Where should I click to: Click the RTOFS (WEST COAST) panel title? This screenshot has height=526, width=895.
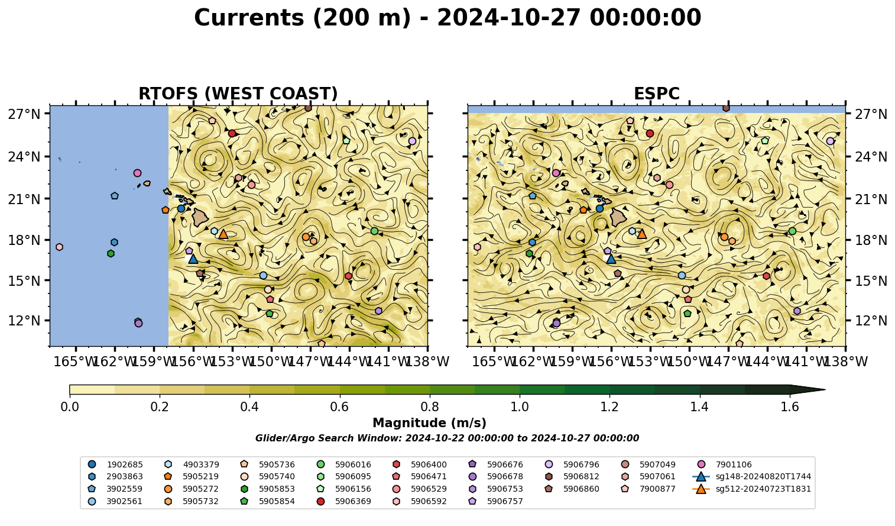pyautogui.click(x=238, y=93)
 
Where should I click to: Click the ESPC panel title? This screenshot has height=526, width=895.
pyautogui.click(x=656, y=93)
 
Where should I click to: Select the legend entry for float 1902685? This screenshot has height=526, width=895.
pyautogui.click(x=115, y=464)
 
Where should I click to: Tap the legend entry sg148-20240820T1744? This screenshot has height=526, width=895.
pyautogui.click(x=751, y=476)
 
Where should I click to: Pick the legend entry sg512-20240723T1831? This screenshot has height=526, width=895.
pyautogui.click(x=751, y=489)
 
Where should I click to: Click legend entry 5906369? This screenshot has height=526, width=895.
pyautogui.click(x=343, y=501)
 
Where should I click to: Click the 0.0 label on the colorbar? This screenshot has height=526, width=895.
pyautogui.click(x=70, y=407)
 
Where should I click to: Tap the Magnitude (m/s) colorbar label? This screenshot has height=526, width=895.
pyautogui.click(x=430, y=423)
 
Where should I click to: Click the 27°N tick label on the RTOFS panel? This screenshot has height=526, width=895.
pyautogui.click(x=24, y=114)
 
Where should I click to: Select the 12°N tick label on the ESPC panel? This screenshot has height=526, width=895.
pyautogui.click(x=871, y=321)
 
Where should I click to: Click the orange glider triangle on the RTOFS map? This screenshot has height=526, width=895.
pyautogui.click(x=223, y=234)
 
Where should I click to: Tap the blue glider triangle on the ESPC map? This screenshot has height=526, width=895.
pyautogui.click(x=611, y=259)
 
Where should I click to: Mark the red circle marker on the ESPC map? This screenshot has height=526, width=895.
pyautogui.click(x=650, y=134)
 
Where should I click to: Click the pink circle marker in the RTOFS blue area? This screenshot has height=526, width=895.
pyautogui.click(x=137, y=173)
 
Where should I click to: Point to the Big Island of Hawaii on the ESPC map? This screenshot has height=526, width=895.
pyautogui.click(x=618, y=217)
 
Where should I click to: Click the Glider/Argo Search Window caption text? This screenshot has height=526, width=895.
pyautogui.click(x=447, y=438)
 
